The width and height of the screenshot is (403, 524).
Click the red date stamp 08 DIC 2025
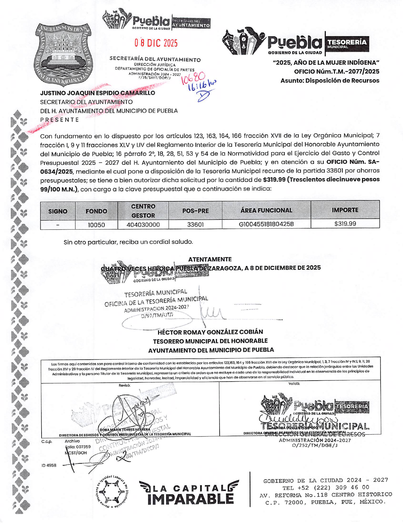pos(156,43)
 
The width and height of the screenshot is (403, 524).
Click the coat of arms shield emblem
pos(64,55)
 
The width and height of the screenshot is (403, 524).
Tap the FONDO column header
pos(96,211)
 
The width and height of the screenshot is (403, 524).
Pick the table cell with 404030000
pos(143,225)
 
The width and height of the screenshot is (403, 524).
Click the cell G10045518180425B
pos(266,224)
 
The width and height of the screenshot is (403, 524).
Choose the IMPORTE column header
pos(345,210)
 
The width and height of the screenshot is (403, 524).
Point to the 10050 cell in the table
pos(96,225)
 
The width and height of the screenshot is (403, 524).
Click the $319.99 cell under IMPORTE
pos(345,224)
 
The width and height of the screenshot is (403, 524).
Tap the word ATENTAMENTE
pos(210,259)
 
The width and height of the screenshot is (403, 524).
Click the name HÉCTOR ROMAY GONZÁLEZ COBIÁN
pos(210,332)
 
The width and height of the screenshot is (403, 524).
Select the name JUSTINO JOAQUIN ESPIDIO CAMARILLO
pos(97,93)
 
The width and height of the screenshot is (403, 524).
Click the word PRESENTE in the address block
pos(59,120)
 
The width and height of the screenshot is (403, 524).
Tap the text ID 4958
pos(49,465)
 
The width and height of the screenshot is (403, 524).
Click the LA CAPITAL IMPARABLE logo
pos(189,493)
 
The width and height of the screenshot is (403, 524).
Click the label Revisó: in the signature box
pos(124,385)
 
